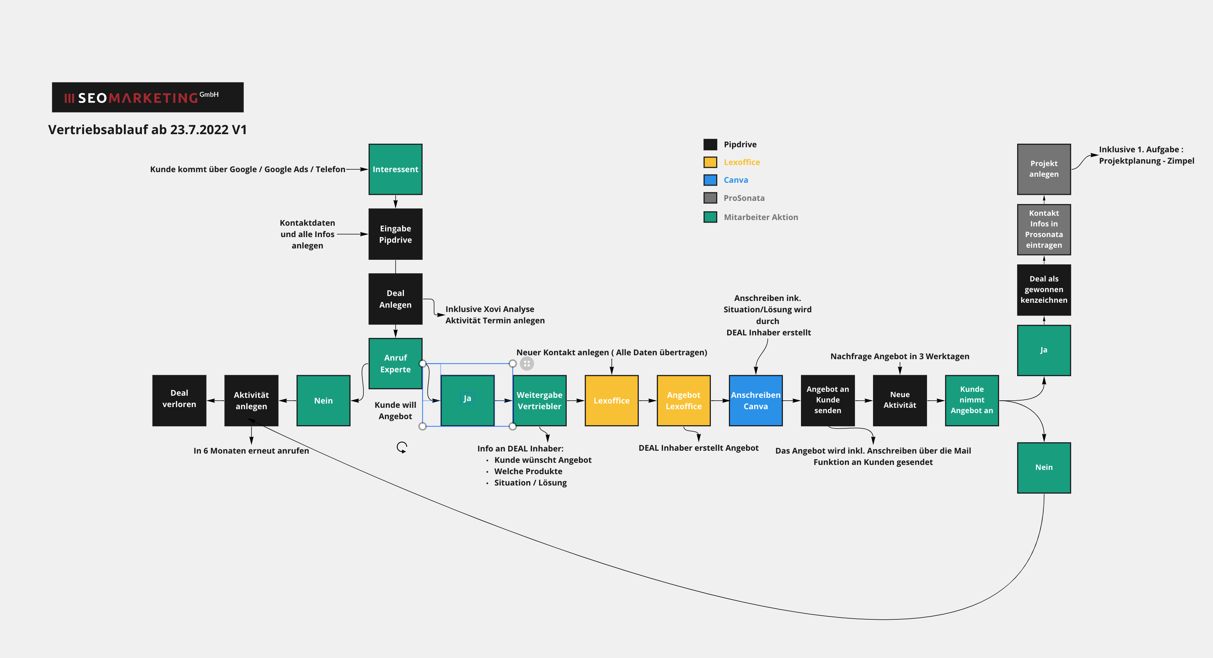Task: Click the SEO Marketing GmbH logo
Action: (147, 98)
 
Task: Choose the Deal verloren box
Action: (179, 400)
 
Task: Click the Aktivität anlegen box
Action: (251, 400)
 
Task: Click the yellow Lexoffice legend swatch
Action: (710, 163)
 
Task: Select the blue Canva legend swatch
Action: (710, 180)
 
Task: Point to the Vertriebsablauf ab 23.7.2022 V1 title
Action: (147, 130)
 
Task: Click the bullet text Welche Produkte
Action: (528, 471)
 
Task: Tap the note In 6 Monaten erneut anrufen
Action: (251, 451)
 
